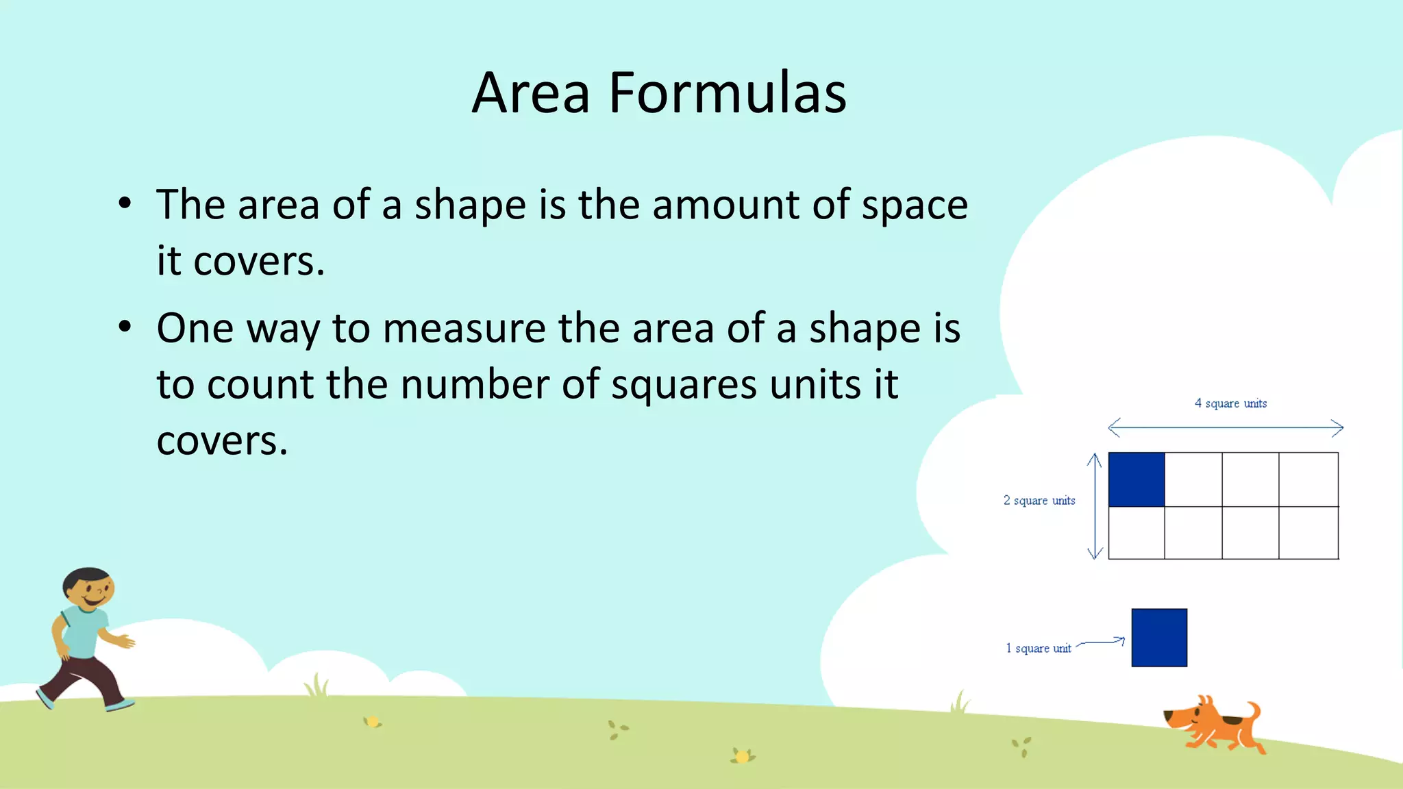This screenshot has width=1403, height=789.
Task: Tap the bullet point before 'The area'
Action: coord(125,203)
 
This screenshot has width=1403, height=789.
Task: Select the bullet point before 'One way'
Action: coord(125,327)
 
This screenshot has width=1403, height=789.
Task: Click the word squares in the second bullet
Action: coord(684,385)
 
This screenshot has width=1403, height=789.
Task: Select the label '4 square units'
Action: coord(1230,403)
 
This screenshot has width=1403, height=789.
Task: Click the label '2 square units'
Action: coord(1039,501)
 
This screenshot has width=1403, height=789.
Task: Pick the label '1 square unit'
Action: coord(1038,648)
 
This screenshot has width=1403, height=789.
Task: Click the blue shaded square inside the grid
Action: coord(1136,479)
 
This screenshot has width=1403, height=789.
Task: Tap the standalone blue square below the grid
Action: coord(1159,638)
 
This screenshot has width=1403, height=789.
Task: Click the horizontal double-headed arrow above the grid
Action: coord(1226,428)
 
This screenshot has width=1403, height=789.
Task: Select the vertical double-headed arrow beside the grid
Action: coord(1095,506)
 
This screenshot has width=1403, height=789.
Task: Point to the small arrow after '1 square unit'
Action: coord(1101,642)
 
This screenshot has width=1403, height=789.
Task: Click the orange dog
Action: coord(1214,726)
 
